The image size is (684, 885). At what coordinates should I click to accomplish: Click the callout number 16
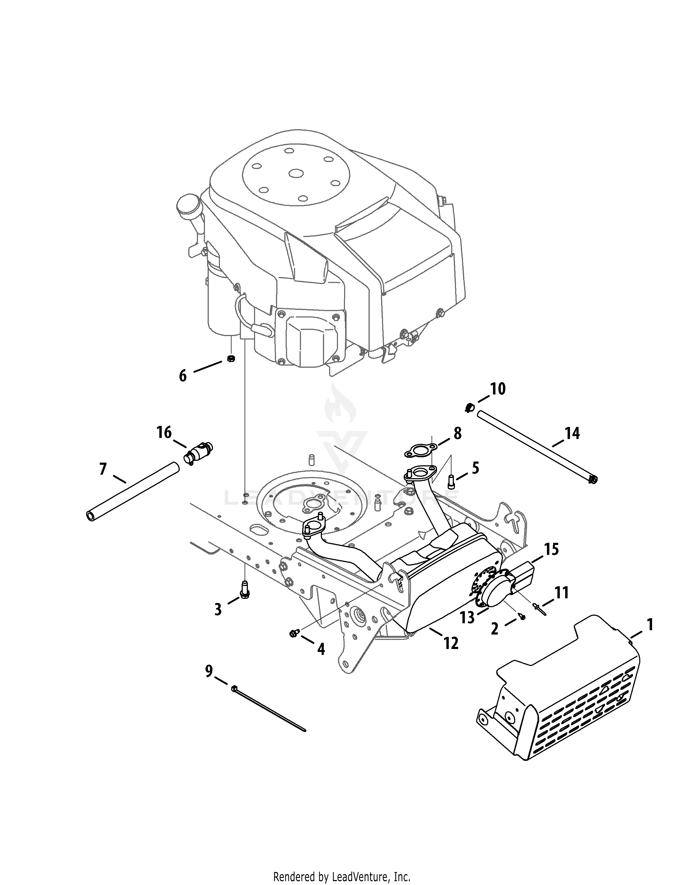(x=164, y=432)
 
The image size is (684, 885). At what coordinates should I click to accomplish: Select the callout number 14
(x=572, y=434)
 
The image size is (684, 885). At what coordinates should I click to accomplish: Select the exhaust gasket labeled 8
(x=420, y=450)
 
